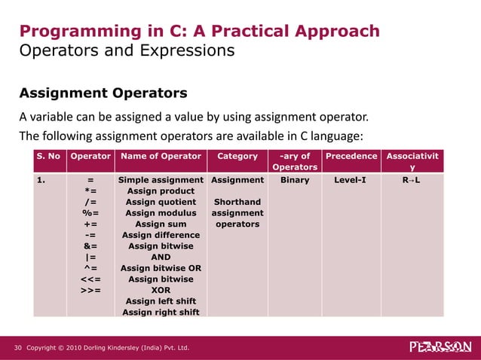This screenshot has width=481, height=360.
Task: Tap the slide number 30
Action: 18,348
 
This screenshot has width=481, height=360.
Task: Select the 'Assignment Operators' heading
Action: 103,94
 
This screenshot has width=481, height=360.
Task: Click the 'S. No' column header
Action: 48,156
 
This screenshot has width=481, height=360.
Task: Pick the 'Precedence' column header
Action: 350,156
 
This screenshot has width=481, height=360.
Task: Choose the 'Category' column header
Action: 237,156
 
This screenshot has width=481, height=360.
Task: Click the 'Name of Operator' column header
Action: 161,156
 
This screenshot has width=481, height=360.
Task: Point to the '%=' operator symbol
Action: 90,213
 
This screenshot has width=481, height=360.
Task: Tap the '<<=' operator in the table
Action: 90,279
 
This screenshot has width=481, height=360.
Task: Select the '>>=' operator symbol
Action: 90,290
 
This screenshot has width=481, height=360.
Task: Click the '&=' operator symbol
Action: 90,246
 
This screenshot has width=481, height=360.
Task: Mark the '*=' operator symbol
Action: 90,191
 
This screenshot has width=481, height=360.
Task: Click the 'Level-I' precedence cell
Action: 350,181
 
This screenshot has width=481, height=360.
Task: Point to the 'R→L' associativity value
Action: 412,181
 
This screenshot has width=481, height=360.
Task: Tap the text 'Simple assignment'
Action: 161,181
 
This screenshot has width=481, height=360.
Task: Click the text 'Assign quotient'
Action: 161,202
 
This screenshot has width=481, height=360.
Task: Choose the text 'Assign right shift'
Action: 161,312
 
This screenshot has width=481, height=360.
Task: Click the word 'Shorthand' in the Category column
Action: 237,202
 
